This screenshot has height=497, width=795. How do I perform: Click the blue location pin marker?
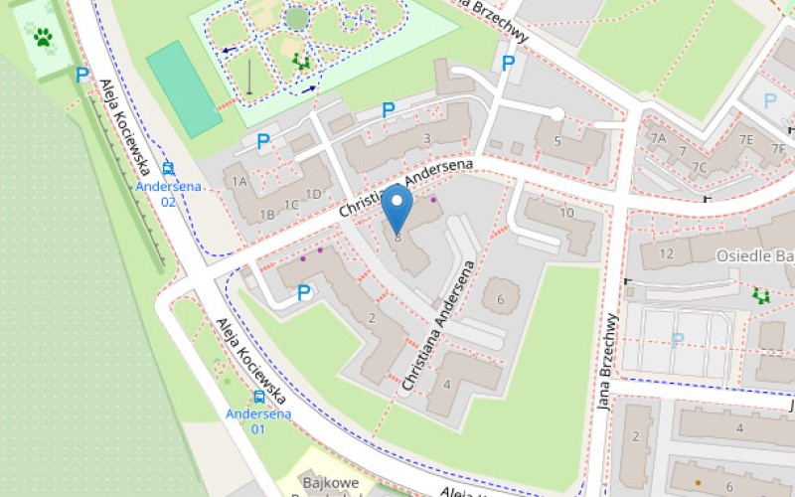tap(397, 208)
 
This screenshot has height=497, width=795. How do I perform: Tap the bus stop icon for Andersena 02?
tap(169, 169)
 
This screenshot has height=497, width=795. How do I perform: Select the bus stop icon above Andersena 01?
tap(258, 397)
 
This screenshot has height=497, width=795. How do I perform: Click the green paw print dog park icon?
tap(43, 38)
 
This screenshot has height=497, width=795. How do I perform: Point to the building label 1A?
tap(238, 182)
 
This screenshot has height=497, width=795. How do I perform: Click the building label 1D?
tap(314, 194)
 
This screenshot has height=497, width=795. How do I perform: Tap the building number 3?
tap(427, 139)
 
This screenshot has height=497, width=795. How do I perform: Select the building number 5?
tap(557, 141)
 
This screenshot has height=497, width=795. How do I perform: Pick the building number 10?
tap(566, 213)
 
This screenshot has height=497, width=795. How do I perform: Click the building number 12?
tap(666, 253)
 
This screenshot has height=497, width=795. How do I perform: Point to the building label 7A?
tap(657, 138)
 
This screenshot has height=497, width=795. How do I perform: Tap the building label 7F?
tap(778, 149)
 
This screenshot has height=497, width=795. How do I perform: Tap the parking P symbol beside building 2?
tap(304, 292)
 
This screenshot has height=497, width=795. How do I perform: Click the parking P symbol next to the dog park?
tap(81, 74)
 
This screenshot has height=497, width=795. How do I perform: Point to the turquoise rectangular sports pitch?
tap(184, 88)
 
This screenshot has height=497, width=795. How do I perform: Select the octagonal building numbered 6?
tap(501, 299)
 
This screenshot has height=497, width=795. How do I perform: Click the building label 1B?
tap(266, 215)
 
